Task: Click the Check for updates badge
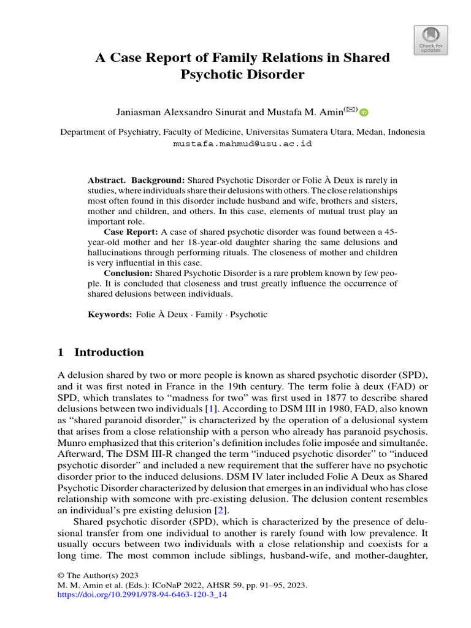pyautogui.click(x=431, y=40)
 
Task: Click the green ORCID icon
pyautogui.click(x=364, y=112)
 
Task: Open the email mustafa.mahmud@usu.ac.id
pyautogui.click(x=242, y=144)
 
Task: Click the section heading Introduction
pyautogui.click(x=109, y=352)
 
